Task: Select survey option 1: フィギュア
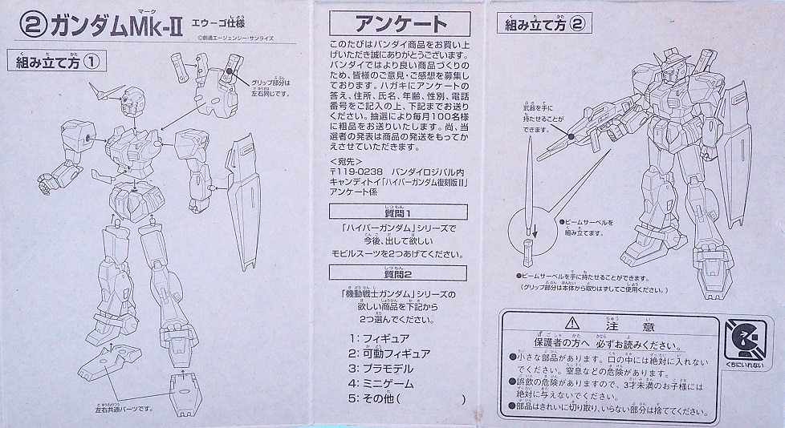381,338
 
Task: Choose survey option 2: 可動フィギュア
389,353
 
